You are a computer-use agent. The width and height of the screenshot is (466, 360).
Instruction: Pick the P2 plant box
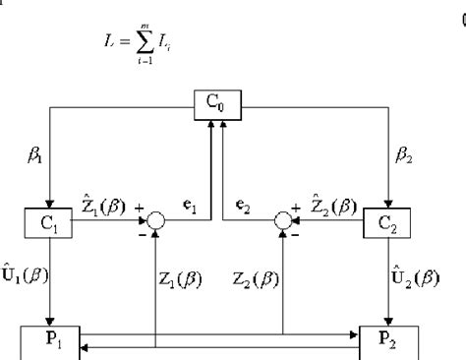pos(391,342)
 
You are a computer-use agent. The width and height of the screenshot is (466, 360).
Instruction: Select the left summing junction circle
pos(155,222)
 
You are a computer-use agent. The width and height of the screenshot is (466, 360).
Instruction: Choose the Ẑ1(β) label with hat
pos(105,208)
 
